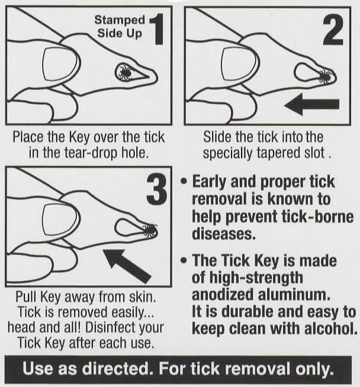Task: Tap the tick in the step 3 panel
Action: point(149,230)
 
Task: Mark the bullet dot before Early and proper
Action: point(184,180)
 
